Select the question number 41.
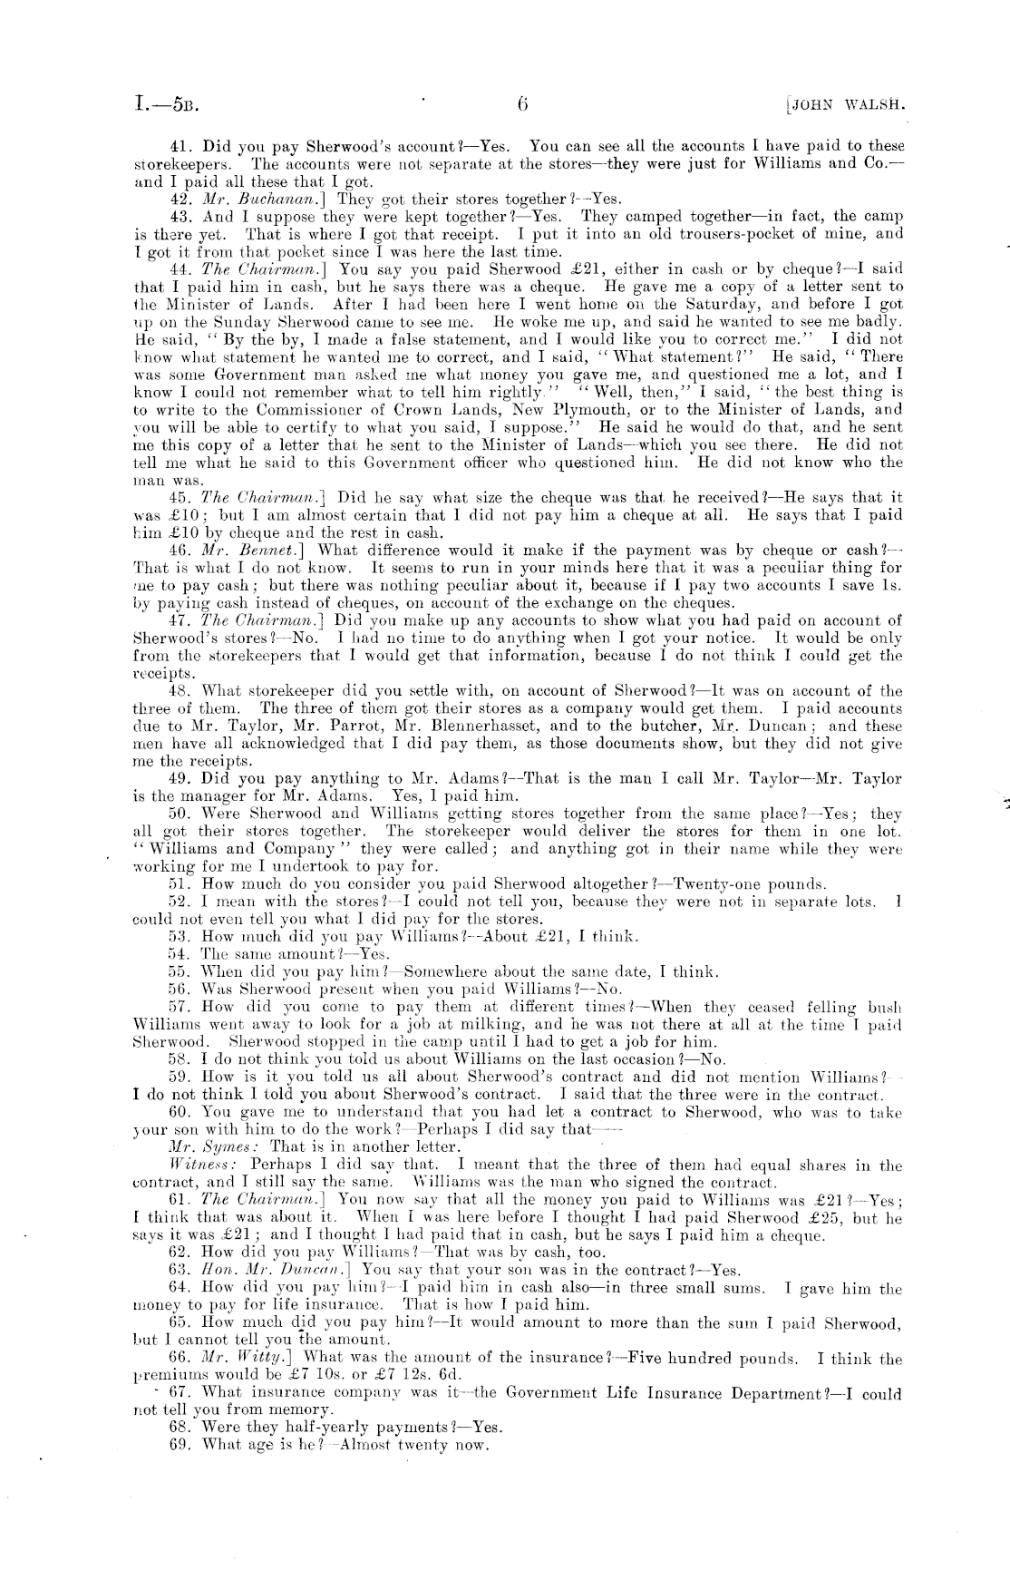click(180, 145)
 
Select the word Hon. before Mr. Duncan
click(220, 1271)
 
